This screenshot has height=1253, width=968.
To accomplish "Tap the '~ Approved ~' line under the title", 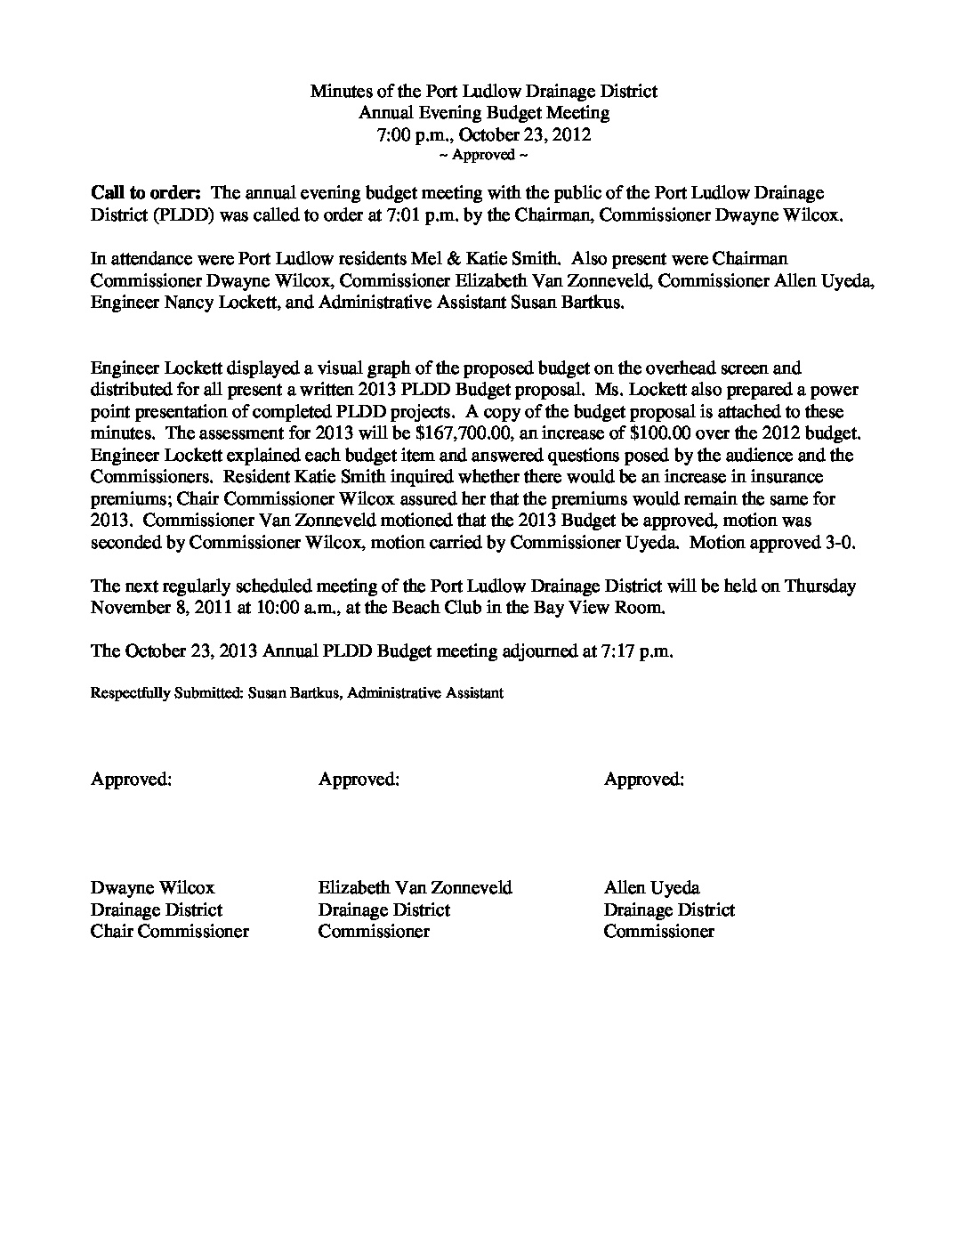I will (x=484, y=155).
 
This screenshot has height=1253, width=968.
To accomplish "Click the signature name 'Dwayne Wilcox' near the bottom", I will (x=152, y=887).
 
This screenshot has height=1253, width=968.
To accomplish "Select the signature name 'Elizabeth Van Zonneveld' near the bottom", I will (x=415, y=887).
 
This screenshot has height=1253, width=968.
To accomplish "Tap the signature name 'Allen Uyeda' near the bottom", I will (x=651, y=887).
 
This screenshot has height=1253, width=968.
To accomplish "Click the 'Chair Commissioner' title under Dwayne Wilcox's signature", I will (x=169, y=931).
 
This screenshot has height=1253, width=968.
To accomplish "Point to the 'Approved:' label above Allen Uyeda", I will (x=644, y=779).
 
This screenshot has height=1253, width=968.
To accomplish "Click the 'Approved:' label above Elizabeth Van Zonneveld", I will (x=359, y=779).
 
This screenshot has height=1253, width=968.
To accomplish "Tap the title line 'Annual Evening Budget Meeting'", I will (x=484, y=113).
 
